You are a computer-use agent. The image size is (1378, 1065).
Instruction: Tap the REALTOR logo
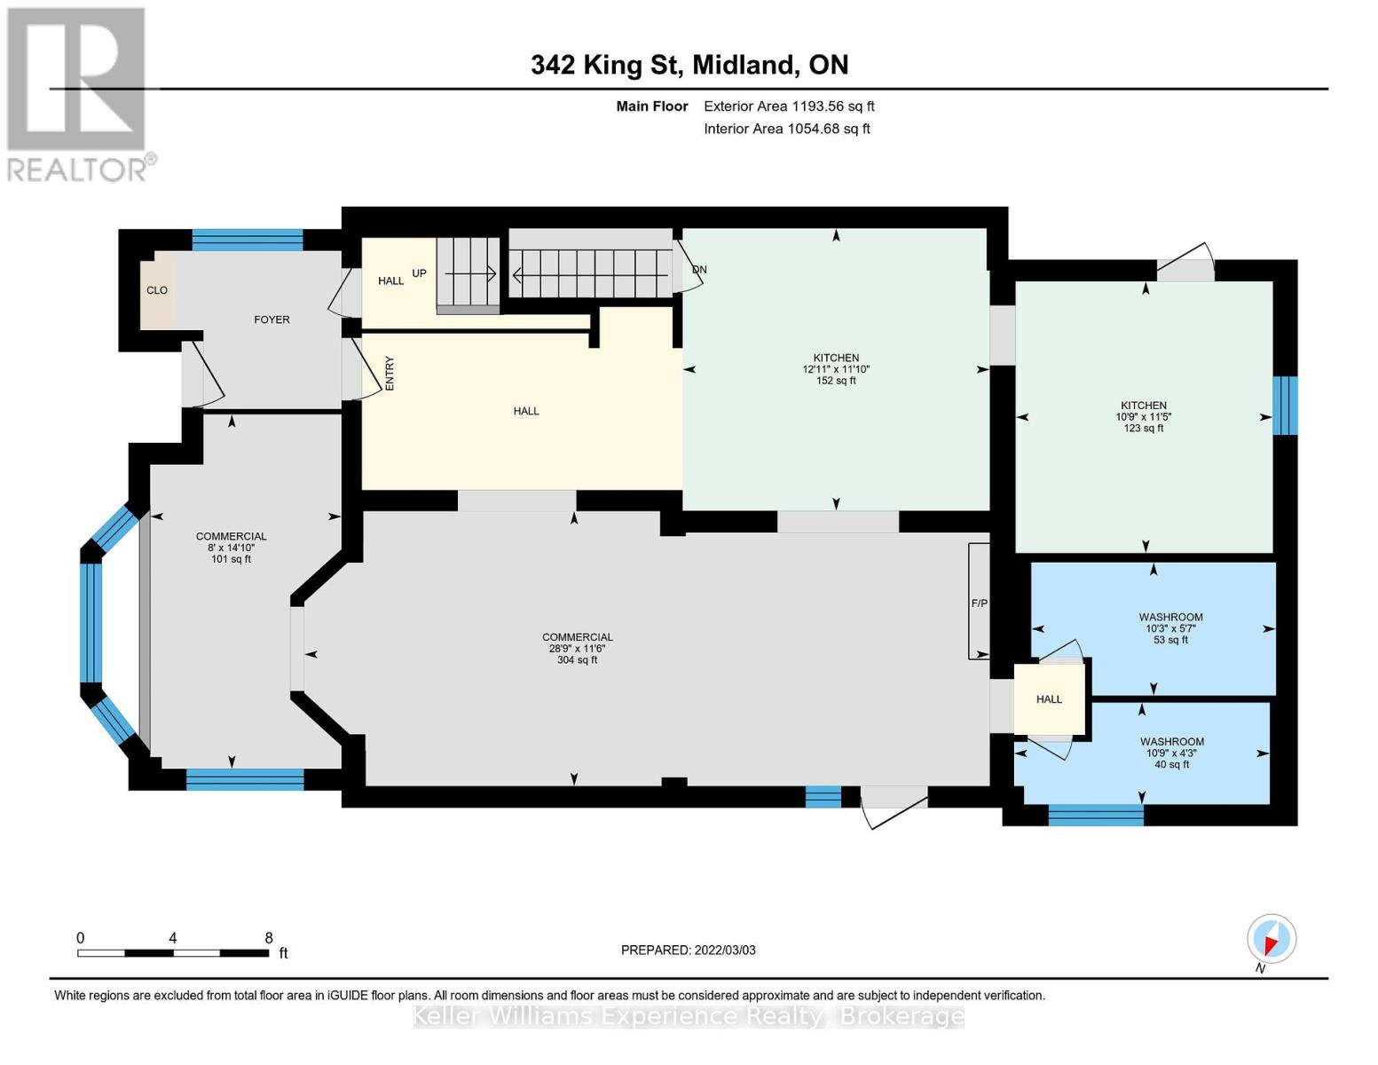pos(78,93)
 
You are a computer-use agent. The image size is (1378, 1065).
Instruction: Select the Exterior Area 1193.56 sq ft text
pos(788,106)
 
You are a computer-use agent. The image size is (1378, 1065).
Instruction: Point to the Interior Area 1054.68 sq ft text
pos(786,129)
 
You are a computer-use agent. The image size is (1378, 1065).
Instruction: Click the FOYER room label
pos(272,319)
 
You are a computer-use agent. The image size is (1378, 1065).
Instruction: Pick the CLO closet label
pos(157,290)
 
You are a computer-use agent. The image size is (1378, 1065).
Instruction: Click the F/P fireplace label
pos(979,603)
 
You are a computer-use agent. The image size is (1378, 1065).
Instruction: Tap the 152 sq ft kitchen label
pos(836,381)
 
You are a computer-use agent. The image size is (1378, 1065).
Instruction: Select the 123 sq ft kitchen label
pos(1143,429)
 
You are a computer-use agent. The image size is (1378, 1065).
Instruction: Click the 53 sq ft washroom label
pos(1170,640)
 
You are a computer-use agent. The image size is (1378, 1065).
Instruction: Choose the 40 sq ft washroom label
pos(1171,764)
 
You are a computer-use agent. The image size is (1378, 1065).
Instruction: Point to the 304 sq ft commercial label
pos(577,660)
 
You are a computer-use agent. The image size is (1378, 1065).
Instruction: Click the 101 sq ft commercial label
pos(231,559)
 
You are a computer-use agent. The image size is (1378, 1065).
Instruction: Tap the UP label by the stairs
pos(419,273)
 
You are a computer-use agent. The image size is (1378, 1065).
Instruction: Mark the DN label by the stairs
pos(699,270)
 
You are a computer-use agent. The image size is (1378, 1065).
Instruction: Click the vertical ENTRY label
pos(389,374)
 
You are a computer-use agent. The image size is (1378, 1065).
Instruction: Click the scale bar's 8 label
pos(269,938)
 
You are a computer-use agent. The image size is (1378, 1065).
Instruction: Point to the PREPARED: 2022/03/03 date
pos(688,951)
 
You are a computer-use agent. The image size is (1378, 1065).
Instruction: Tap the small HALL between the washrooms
pos(1049,699)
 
